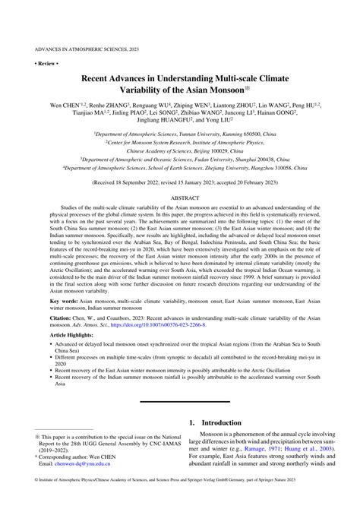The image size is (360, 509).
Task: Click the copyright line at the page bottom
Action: pyautogui.click(x=180, y=502)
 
